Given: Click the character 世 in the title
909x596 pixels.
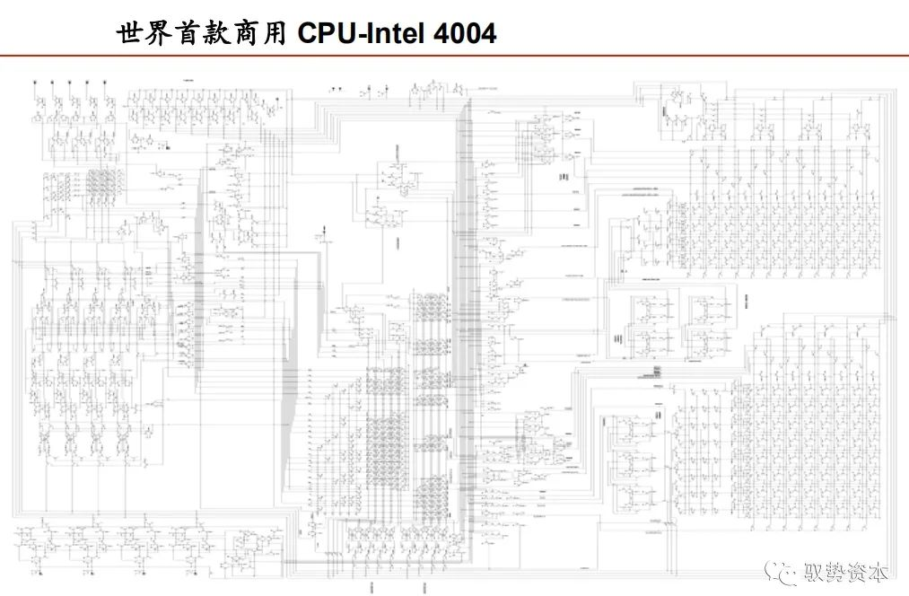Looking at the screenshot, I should click(130, 34).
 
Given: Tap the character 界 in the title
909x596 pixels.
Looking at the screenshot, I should click(161, 34).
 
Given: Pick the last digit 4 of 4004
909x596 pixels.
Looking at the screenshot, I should click(488, 34).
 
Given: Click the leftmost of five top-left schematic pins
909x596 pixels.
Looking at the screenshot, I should click(36, 83).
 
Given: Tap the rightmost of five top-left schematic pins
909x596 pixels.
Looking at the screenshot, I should click(105, 83).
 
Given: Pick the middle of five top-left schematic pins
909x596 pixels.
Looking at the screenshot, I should click(70, 83).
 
